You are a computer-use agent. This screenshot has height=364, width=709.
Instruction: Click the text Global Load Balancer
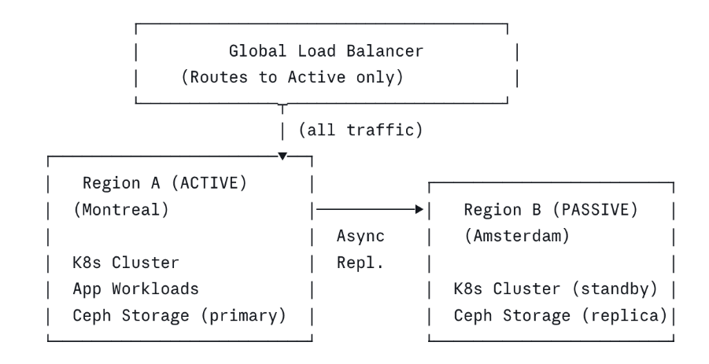(326, 52)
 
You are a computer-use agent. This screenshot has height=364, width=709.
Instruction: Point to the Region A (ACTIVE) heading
(164, 184)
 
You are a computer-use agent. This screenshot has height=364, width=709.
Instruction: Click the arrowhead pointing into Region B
(419, 210)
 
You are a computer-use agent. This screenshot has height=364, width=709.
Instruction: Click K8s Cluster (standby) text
(555, 289)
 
